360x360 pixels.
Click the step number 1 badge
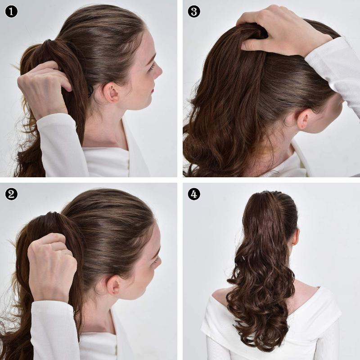tap(11, 11)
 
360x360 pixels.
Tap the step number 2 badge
tap(11, 194)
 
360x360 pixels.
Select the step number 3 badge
tap(193, 11)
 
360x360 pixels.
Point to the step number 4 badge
tap(193, 194)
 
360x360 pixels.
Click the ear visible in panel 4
tap(295, 236)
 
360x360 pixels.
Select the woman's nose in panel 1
tap(158, 71)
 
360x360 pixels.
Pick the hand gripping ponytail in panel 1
tap(43, 88)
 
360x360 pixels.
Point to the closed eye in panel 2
tap(156, 260)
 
